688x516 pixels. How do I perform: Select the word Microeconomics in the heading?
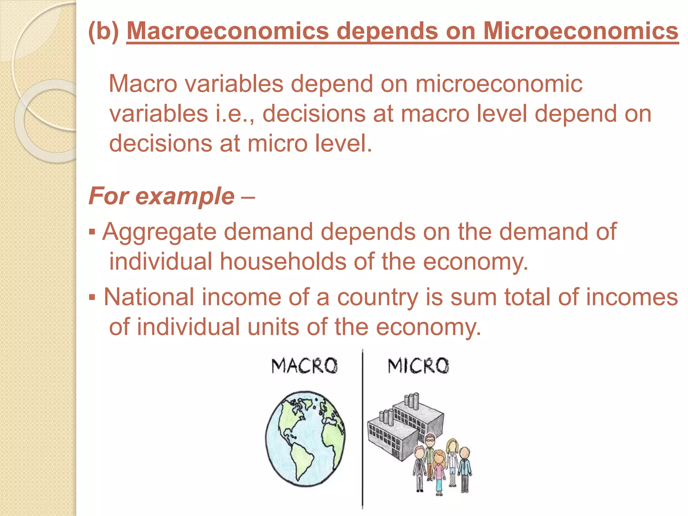click(580, 31)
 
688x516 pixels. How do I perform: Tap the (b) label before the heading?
click(103, 31)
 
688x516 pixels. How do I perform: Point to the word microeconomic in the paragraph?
click(499, 84)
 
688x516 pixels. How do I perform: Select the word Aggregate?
click(159, 232)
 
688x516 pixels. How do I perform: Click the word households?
click(283, 262)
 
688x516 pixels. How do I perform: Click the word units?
click(273, 327)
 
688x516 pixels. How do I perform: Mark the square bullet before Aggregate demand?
click(92, 232)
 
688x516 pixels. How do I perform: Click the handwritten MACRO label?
click(304, 366)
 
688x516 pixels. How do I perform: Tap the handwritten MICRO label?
click(418, 366)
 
